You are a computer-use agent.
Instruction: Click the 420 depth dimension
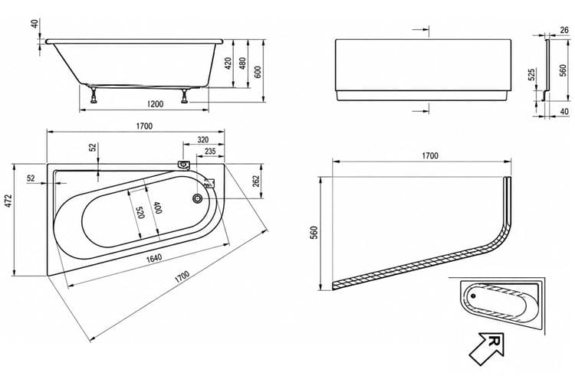click(228, 64)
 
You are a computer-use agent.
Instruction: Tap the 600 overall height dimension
click(258, 72)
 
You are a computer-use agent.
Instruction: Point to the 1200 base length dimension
click(155, 104)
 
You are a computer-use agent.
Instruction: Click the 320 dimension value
click(203, 139)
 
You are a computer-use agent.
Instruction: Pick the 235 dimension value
click(210, 152)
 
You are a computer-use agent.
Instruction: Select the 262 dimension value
click(256, 181)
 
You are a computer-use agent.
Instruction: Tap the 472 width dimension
click(8, 201)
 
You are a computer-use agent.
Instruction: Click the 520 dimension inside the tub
click(140, 212)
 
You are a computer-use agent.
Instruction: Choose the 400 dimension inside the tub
click(156, 208)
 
